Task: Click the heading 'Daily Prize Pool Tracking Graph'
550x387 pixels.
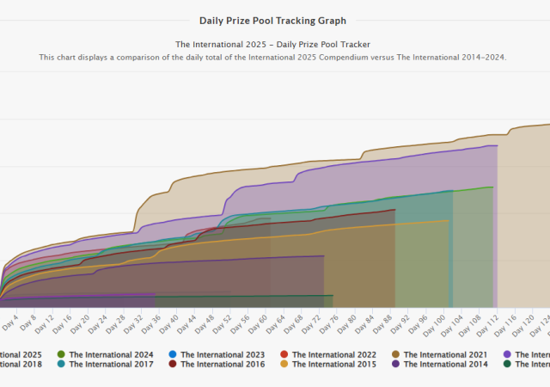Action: (272, 20)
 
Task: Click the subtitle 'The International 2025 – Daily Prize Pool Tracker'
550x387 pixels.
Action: (272, 44)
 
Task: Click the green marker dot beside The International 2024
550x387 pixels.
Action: (61, 354)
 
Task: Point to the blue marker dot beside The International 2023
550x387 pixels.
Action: (173, 354)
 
